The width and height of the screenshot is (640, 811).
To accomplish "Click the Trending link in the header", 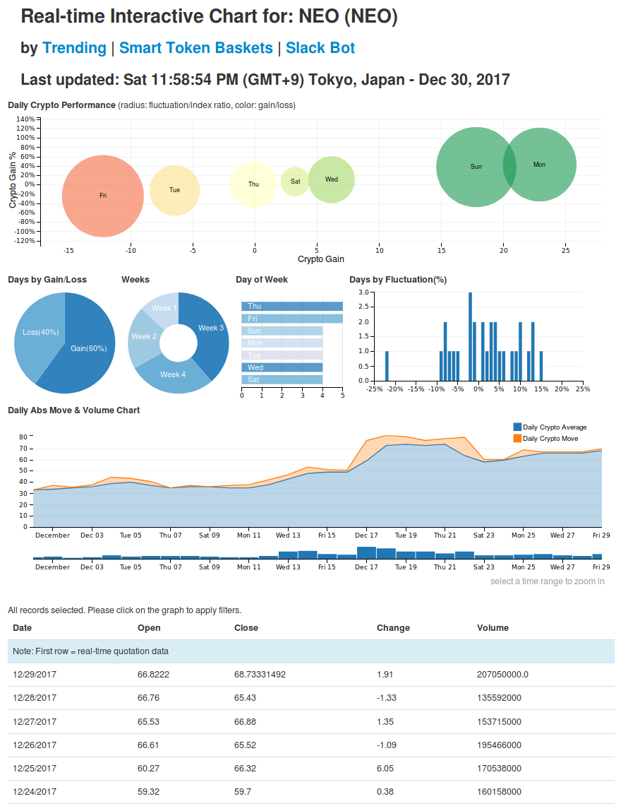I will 74,48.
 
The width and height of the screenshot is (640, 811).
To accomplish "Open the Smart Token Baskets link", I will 195,48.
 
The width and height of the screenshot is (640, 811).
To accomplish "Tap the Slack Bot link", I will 320,48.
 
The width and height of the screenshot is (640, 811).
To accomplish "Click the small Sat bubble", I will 295,182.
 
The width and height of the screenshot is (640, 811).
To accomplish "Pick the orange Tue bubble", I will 175,190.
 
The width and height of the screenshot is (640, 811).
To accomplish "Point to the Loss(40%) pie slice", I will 41,332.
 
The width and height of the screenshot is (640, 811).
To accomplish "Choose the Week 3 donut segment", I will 211,328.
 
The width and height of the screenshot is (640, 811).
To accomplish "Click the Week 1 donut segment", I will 164,308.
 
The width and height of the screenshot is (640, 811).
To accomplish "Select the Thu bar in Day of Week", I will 292,306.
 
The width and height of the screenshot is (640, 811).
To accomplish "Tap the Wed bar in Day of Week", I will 282,367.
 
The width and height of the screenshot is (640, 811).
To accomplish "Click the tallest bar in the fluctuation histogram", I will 470,336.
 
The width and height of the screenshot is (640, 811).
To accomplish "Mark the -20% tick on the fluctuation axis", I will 395,388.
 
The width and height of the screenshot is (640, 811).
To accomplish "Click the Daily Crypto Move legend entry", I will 550,439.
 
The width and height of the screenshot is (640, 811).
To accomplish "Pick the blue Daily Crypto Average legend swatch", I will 518,427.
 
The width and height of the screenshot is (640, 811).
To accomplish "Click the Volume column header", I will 493,627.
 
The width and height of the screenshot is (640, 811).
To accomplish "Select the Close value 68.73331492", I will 260,675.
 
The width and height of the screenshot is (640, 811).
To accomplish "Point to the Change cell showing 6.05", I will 385,769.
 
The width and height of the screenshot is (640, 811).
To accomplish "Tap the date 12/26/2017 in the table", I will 35,745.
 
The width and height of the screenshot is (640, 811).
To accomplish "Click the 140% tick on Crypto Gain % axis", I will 25,119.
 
